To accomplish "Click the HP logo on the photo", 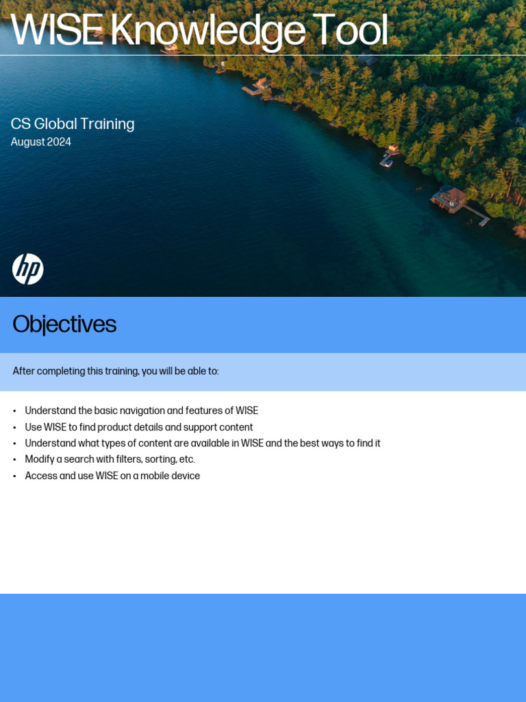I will click(x=28, y=269).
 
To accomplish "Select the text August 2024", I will click(x=41, y=142).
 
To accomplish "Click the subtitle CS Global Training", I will click(x=73, y=124).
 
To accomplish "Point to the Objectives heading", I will click(x=64, y=324).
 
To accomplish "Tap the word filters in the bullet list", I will click(x=125, y=459).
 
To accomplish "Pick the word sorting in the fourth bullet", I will click(x=160, y=459).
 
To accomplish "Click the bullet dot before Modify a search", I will click(x=14, y=460).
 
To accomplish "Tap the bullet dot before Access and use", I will click(x=14, y=476).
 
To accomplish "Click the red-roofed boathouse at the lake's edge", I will click(x=450, y=197).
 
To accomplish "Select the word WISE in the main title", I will click(x=57, y=32).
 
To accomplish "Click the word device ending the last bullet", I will click(x=185, y=476).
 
